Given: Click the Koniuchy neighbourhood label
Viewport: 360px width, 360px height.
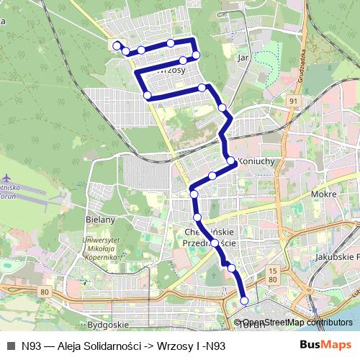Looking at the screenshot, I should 256,162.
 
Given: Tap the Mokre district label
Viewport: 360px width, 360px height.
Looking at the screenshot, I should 325,194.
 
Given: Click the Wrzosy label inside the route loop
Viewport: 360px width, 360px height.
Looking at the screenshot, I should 171,71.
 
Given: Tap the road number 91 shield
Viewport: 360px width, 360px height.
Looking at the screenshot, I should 292,102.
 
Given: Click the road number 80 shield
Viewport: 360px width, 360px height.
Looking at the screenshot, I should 45,292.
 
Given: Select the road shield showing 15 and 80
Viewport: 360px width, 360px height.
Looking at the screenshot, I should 272,274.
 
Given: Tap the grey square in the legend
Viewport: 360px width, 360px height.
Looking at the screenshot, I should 10,346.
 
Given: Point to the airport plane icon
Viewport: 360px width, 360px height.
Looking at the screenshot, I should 7,178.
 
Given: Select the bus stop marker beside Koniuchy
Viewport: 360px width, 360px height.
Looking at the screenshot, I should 232,161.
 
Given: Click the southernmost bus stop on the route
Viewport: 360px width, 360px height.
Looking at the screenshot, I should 244,300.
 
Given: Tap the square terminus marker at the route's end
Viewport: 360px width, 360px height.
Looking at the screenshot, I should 117,45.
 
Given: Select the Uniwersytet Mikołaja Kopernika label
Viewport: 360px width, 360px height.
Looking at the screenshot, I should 100,247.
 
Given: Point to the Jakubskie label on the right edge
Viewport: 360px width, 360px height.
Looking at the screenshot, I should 337,256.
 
